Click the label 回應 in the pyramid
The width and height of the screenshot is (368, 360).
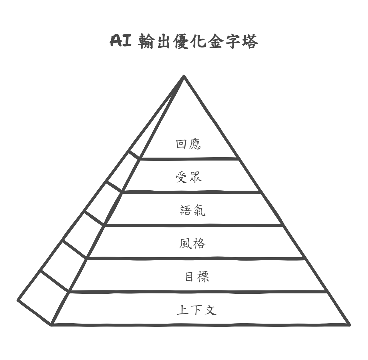[x=188, y=144]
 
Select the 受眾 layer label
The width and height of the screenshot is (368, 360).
[x=188, y=178]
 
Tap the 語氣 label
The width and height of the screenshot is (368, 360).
[x=192, y=210]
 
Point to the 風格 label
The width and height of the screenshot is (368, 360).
[x=192, y=244]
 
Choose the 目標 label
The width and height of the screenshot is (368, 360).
[x=197, y=277]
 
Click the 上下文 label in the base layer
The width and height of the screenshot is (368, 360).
[x=196, y=310]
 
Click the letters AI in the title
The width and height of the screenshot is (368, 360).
[x=120, y=40]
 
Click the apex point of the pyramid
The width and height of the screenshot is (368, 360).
[x=184, y=76]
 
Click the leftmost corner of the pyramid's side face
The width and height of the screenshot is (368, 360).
[x=18, y=300]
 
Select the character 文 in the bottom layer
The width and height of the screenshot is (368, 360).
[x=210, y=310]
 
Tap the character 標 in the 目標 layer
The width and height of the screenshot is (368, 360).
[x=203, y=277]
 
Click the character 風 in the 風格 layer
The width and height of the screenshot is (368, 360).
[x=185, y=244]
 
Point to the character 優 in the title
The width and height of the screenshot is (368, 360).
[x=181, y=41]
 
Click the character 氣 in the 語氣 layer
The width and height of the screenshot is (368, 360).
[x=199, y=210]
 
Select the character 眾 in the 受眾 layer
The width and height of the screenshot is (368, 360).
[x=195, y=178]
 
